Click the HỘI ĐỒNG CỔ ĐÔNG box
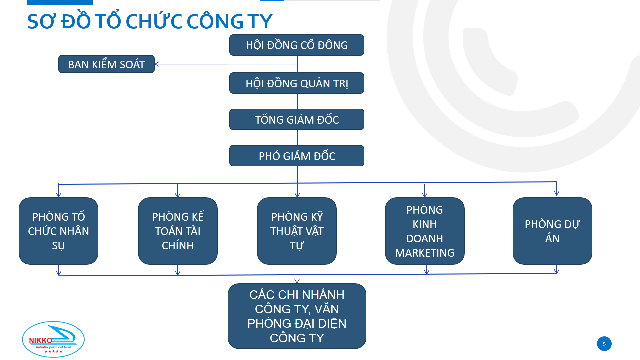pos(297,45)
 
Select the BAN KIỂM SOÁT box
pos(106,64)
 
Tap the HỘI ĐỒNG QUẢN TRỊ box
pos(297,83)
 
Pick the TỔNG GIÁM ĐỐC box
pos(297,119)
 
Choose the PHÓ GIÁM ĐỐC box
pos(297,156)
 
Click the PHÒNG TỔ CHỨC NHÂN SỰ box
pos(58,231)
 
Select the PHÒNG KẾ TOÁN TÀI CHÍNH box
pos(178,231)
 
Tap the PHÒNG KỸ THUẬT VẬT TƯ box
pos(297,231)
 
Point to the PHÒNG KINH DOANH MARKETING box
pos(425,231)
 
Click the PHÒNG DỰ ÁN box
pos(552,231)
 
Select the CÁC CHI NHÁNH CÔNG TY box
pos(297,316)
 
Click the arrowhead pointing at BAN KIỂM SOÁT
pos(157,64)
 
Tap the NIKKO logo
pos(53,339)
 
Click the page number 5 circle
pos(604,344)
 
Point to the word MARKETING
pos(425,253)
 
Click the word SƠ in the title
pos(42,22)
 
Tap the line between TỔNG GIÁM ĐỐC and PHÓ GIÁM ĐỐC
pos(297,137)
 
